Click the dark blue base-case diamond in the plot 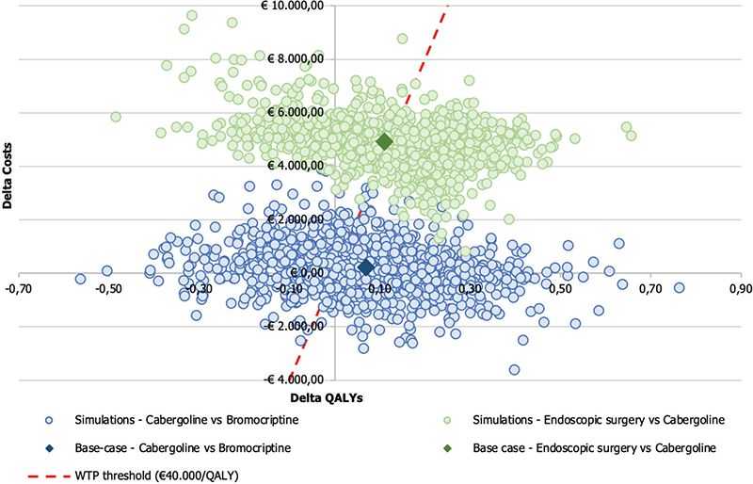tap(366, 267)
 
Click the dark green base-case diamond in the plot tap(384, 141)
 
